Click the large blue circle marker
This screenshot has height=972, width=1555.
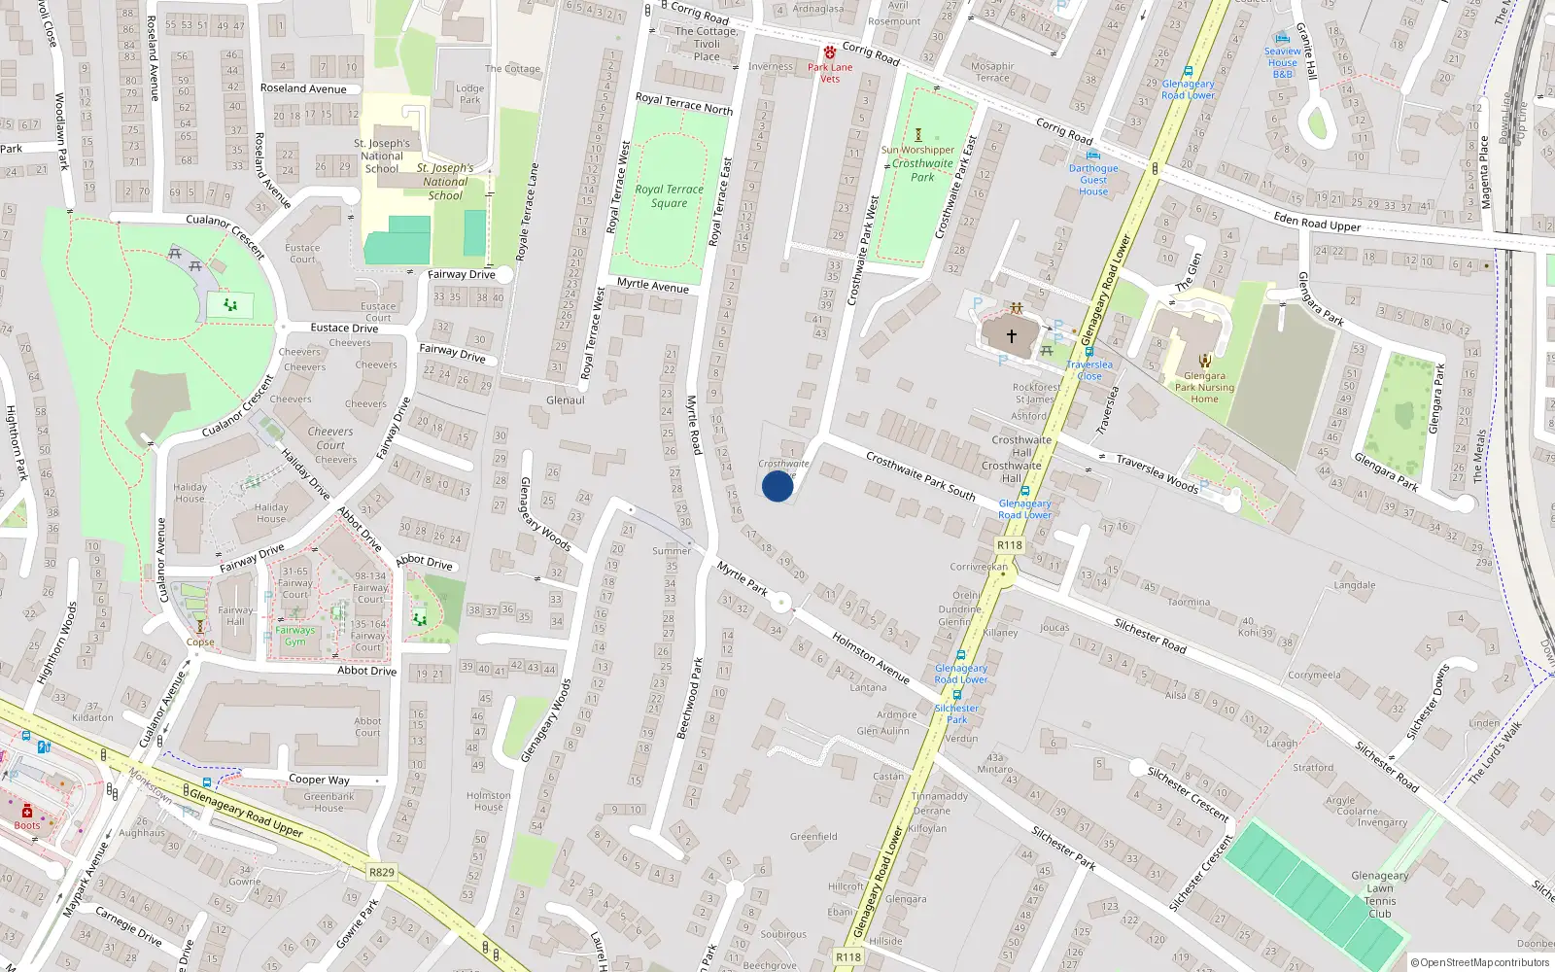click(x=777, y=486)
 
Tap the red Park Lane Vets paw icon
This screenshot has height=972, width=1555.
click(x=830, y=52)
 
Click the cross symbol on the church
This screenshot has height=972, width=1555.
click(x=1011, y=336)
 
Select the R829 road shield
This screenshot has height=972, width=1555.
click(x=382, y=872)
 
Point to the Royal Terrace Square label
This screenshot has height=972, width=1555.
click(x=669, y=196)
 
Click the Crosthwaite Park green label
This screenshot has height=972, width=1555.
click(x=922, y=170)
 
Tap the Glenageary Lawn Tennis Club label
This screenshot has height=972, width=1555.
click(x=1379, y=894)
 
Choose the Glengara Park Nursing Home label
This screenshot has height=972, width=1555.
click(x=1204, y=387)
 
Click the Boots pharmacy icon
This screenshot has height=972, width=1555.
click(x=27, y=811)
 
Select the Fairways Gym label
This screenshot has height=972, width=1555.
click(x=294, y=636)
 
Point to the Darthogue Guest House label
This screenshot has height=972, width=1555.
click(x=1093, y=180)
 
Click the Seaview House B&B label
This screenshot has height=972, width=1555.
click(x=1282, y=62)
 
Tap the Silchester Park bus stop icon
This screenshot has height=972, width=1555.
click(x=957, y=695)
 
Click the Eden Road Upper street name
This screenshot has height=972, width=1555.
click(x=1317, y=223)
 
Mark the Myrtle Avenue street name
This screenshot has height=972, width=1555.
click(x=653, y=286)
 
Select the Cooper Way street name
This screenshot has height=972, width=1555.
click(x=319, y=780)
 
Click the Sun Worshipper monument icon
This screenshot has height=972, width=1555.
click(x=917, y=135)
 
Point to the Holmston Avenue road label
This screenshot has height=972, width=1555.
click(x=871, y=658)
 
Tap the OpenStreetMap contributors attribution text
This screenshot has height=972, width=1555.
click(x=1480, y=963)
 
